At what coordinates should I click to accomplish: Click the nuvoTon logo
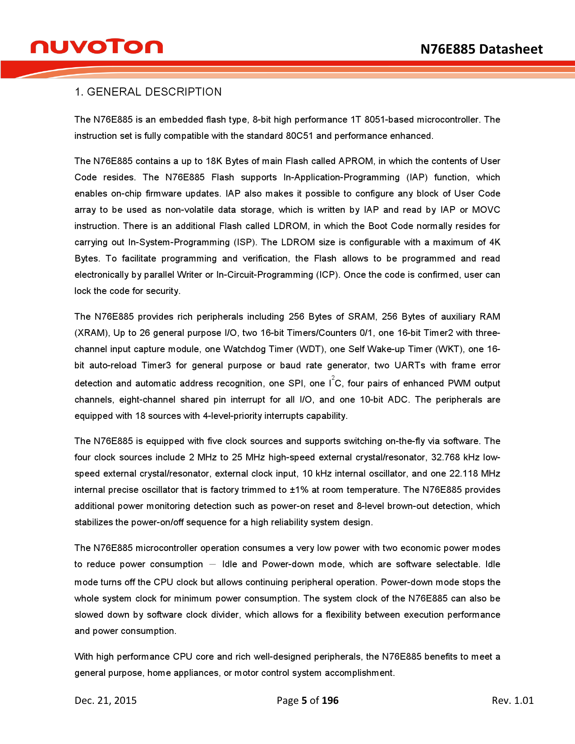click(97, 46)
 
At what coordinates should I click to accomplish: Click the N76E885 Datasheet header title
click(481, 49)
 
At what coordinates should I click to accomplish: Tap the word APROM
click(356, 161)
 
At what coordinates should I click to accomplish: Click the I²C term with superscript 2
click(335, 383)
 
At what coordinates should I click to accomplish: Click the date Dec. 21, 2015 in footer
click(106, 701)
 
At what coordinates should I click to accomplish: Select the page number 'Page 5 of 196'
click(308, 701)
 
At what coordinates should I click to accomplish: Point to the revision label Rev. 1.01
click(512, 701)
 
